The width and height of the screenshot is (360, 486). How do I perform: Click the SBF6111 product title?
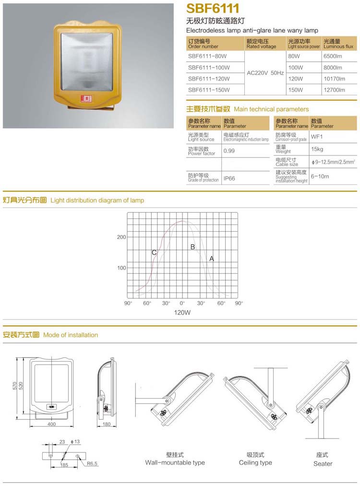[x=213, y=10]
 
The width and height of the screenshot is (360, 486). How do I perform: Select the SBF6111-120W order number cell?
[x=209, y=79]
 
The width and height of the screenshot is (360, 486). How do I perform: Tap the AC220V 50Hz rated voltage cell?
[x=265, y=73]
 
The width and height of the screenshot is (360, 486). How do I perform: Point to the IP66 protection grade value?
[x=229, y=178]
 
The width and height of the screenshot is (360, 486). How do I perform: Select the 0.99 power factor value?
[x=229, y=151]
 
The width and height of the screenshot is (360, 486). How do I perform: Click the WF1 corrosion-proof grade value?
[x=317, y=137]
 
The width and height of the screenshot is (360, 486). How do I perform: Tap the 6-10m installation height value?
[x=320, y=176]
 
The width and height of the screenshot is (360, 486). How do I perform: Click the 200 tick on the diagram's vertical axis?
[x=121, y=237]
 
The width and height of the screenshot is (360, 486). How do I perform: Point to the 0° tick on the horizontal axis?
[x=182, y=303]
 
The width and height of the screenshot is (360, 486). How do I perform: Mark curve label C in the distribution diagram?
[x=154, y=252]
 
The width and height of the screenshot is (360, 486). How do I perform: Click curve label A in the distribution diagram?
[x=211, y=259]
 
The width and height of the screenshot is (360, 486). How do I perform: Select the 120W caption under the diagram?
[x=182, y=312]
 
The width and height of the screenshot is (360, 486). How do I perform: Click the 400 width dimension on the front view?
[x=52, y=424]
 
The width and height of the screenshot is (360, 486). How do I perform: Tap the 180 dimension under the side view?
[x=107, y=424]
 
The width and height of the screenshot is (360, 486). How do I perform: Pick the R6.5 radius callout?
[x=93, y=463]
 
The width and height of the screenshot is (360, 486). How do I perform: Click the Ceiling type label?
[x=255, y=463]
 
